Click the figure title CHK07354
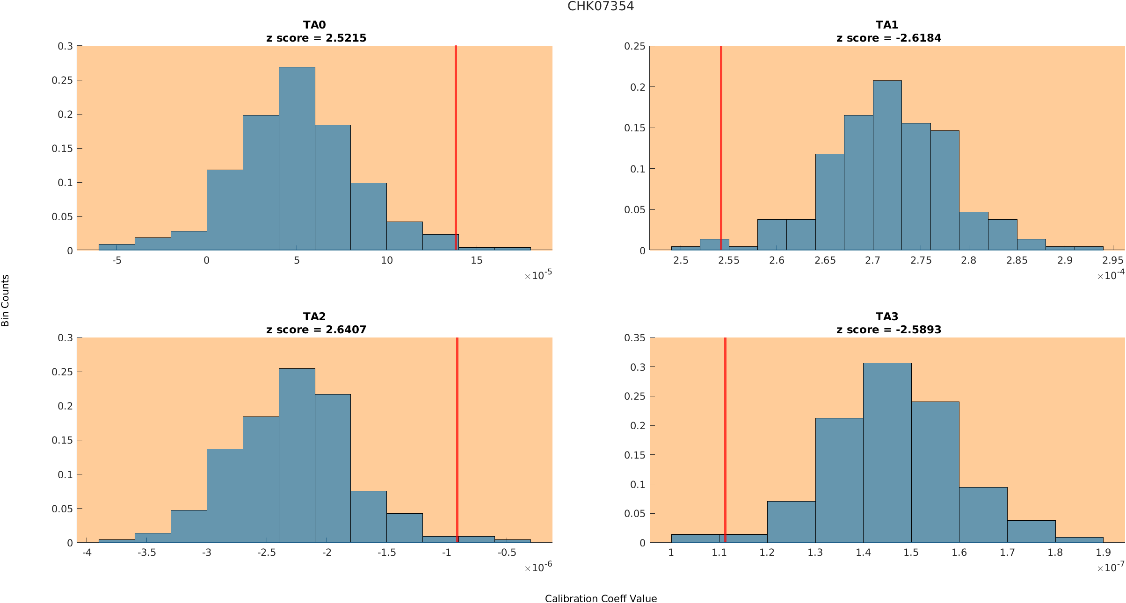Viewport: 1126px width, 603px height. coord(601,7)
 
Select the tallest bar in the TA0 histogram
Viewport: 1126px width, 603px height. coord(297,159)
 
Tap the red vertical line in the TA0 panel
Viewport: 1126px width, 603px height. coord(456,140)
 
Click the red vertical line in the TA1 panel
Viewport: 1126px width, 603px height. coord(721,140)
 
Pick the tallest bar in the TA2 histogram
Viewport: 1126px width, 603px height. coord(297,456)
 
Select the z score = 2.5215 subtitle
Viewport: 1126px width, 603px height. coord(316,38)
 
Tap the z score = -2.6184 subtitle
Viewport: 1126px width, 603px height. coord(889,38)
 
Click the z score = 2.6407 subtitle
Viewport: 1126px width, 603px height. coord(316,330)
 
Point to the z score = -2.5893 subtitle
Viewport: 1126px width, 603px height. coord(889,330)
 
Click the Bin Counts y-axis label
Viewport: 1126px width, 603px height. coord(6,301)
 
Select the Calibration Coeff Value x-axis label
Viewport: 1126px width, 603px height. coord(601,598)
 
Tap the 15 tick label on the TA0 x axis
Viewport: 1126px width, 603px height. coord(476,260)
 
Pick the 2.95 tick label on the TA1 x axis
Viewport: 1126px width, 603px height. coord(1112,260)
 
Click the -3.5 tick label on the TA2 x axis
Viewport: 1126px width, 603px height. coord(146,553)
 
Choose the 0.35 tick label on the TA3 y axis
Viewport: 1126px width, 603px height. coord(635,338)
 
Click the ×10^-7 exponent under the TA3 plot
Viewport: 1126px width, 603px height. coord(1111,567)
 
